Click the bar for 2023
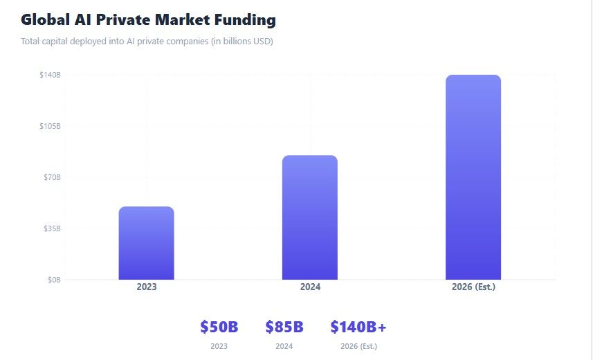click(146, 243)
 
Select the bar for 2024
click(309, 217)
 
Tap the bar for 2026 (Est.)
click(473, 177)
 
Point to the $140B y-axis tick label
click(51, 75)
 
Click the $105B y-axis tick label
click(51, 126)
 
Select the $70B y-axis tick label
click(53, 177)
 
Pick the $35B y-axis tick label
click(53, 228)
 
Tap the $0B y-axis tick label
click(54, 280)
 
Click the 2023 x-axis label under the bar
click(146, 287)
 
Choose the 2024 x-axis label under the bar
click(309, 287)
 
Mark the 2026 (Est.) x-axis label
click(473, 287)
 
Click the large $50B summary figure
click(219, 327)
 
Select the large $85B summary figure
click(284, 327)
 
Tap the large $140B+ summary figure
click(358, 327)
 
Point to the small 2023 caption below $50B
click(219, 346)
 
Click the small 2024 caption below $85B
click(284, 346)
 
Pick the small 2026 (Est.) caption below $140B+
click(358, 346)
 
